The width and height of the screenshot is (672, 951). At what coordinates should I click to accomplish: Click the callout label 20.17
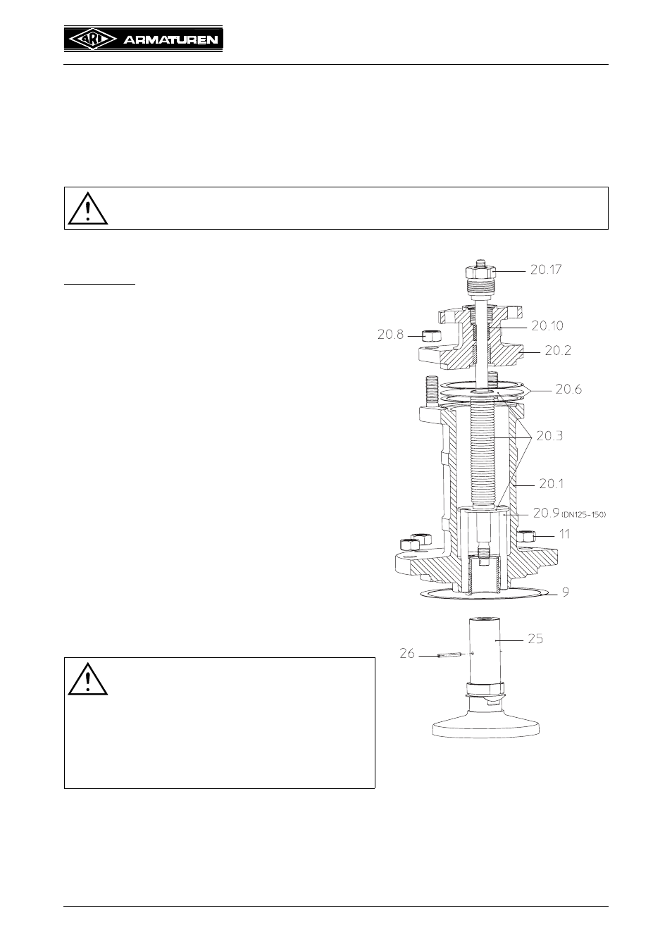pyautogui.click(x=545, y=270)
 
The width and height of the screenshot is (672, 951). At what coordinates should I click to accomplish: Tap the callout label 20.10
pyautogui.click(x=547, y=325)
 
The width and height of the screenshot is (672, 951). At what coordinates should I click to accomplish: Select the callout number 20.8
pyautogui.click(x=390, y=335)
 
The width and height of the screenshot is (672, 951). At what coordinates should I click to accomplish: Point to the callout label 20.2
pyautogui.click(x=558, y=350)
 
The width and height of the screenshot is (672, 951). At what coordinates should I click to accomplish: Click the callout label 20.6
pyautogui.click(x=568, y=389)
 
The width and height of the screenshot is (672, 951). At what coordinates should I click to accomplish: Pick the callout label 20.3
pyautogui.click(x=549, y=435)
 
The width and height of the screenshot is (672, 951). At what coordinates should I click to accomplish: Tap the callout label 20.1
pyautogui.click(x=551, y=483)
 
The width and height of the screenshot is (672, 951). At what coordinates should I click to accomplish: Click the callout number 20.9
pyautogui.click(x=547, y=514)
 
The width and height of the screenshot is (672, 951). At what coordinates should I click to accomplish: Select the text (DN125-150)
pyautogui.click(x=584, y=515)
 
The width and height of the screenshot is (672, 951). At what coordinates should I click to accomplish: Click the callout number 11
pyautogui.click(x=564, y=534)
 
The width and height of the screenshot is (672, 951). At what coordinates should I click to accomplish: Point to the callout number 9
pyautogui.click(x=566, y=592)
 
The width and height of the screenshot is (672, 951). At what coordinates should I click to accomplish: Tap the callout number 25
pyautogui.click(x=535, y=638)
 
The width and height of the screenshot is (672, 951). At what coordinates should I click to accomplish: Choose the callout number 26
pyautogui.click(x=407, y=654)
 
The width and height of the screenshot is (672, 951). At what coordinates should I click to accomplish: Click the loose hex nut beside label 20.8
pyautogui.click(x=433, y=336)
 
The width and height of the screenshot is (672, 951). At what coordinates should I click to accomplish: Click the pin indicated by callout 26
pyautogui.click(x=450, y=654)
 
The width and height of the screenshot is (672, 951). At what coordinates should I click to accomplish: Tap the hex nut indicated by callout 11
pyautogui.click(x=527, y=537)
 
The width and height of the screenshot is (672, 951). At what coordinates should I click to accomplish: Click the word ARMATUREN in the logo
pyautogui.click(x=170, y=41)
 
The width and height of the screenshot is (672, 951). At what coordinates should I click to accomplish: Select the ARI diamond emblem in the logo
pyautogui.click(x=93, y=40)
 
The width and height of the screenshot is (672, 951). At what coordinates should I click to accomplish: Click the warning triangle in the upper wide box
pyautogui.click(x=87, y=209)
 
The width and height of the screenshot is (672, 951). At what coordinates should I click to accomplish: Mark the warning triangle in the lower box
pyautogui.click(x=87, y=679)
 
